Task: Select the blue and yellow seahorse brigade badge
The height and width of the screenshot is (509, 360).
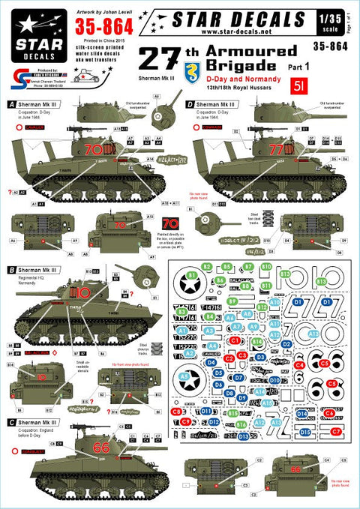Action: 172,70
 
